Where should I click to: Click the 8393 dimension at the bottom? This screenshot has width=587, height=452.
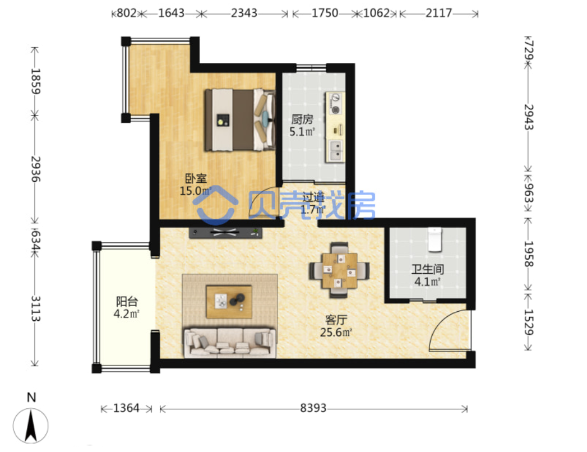313,408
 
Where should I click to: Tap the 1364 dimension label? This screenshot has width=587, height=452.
126,408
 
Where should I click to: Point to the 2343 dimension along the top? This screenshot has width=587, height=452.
244,13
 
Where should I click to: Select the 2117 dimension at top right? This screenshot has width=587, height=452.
439,13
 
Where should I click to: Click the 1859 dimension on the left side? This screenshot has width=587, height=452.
35,81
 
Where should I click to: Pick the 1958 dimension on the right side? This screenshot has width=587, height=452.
528,253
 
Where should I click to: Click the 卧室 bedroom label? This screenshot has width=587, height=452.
196,178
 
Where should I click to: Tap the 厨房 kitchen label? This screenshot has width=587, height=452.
302,119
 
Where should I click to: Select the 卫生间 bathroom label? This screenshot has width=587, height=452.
428,269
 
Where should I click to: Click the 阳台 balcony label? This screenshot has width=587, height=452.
127,301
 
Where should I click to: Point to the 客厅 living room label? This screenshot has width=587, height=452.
336,320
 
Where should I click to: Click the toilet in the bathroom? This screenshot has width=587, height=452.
435,239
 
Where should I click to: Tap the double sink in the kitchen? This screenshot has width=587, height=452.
335,150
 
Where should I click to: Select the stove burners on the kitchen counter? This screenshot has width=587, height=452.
335,104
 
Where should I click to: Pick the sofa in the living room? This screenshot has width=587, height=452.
230,342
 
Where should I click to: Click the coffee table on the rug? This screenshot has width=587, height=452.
229,302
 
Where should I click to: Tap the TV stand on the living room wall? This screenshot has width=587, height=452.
225,233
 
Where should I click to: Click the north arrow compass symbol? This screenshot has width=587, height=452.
31,426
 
